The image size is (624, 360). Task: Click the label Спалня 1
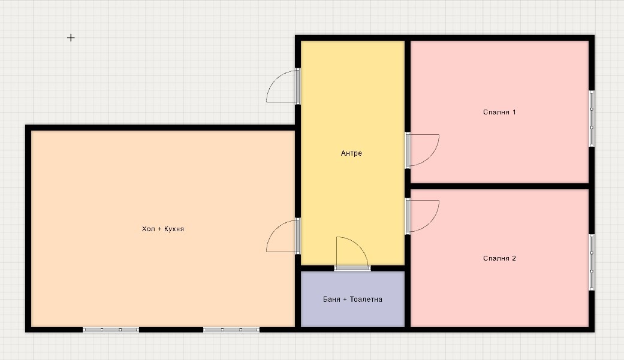click(499, 112)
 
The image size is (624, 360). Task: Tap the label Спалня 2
click(499, 258)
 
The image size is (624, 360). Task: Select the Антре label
click(351, 153)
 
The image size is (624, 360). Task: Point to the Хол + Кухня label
click(163, 229)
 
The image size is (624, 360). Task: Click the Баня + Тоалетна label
click(352, 299)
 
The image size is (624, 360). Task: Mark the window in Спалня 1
click(592, 119)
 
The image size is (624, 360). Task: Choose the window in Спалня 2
click(592, 262)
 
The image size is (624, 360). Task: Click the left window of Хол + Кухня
click(111, 330)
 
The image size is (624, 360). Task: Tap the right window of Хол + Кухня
click(231, 330)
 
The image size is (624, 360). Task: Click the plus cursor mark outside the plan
click(71, 38)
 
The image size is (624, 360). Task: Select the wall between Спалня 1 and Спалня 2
click(499, 186)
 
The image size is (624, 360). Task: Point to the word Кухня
click(174, 229)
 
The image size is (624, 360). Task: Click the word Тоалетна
click(366, 299)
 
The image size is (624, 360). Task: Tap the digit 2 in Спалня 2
click(514, 258)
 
